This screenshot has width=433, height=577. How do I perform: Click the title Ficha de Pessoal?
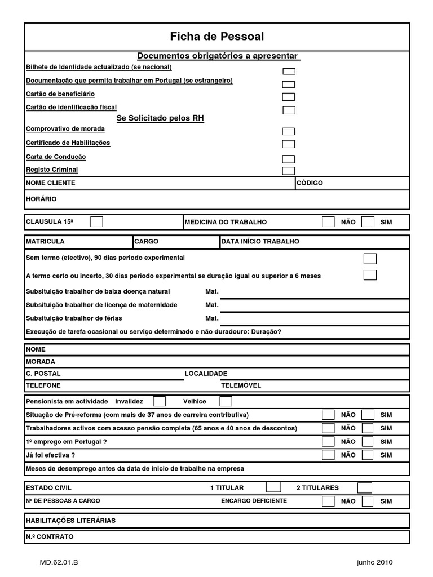point(216,37)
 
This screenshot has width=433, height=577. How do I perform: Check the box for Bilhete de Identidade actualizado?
point(288,72)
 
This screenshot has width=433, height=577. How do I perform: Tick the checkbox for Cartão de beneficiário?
point(288,97)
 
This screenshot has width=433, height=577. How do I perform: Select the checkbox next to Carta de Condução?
point(288,159)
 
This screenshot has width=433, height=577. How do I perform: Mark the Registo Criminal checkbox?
point(288,171)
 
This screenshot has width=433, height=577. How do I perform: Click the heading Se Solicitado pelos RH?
point(160,118)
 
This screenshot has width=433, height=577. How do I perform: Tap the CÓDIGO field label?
point(310,183)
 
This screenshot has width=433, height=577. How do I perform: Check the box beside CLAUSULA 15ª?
point(97,221)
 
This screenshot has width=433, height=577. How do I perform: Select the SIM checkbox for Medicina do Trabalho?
point(368,221)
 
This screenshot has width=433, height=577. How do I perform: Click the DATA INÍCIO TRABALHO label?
point(260,241)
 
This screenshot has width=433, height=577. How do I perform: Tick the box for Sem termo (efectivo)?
point(370,259)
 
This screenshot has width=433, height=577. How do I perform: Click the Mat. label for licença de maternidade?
point(211,305)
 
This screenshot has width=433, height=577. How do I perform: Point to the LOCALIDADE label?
point(206,374)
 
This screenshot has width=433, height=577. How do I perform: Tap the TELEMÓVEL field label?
point(241,386)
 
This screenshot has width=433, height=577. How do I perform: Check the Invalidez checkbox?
point(160,401)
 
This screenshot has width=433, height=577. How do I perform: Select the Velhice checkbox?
point(226,401)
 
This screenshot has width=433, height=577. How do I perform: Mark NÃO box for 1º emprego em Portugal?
point(328,441)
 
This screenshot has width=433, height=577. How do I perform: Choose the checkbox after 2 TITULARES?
point(365,487)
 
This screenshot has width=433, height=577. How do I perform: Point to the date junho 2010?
point(374,562)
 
